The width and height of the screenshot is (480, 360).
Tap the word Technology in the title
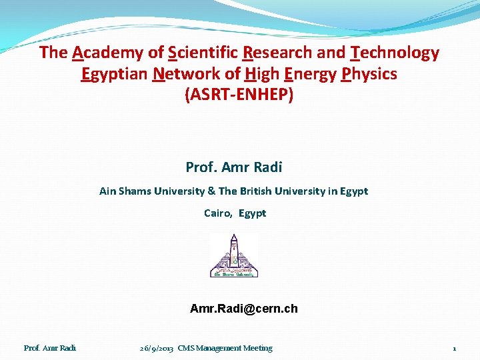(395, 53)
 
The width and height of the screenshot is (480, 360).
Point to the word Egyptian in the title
(113, 74)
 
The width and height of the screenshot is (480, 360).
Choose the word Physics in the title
(369, 74)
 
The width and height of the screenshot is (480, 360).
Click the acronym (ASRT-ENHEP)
(239, 95)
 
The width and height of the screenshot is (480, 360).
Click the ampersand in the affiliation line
(211, 191)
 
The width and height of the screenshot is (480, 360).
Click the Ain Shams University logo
(234, 255)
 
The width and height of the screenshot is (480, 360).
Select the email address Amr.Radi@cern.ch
(244, 309)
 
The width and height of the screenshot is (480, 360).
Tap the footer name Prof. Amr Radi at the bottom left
(50, 348)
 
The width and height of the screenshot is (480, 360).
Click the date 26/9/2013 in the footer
(157, 348)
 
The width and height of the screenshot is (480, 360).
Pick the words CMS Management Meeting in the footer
(225, 348)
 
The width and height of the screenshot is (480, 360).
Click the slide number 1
(454, 349)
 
